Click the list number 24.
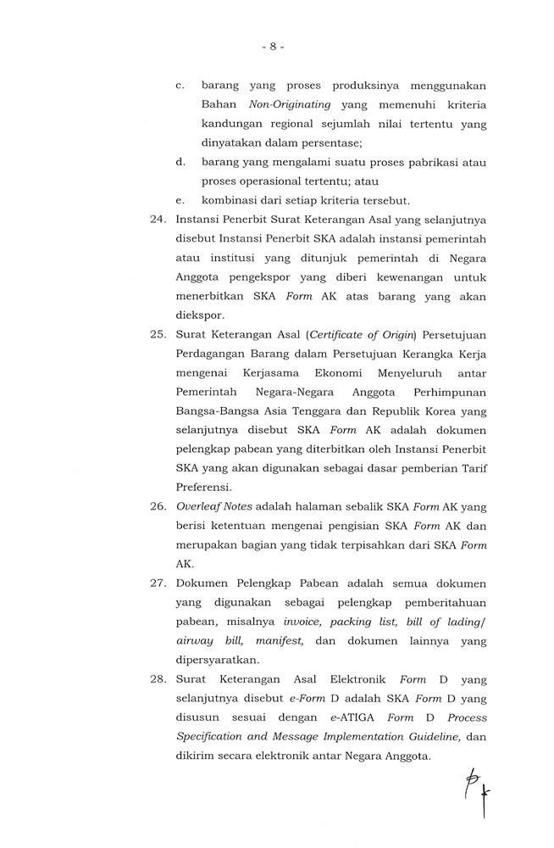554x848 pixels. [157, 220]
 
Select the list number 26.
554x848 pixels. [157, 507]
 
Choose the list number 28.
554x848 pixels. [157, 679]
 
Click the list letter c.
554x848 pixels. [180, 86]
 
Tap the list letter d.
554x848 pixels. [180, 162]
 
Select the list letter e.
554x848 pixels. [180, 201]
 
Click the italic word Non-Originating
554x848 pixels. [289, 104]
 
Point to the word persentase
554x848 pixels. [332, 142]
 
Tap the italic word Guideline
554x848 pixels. [423, 738]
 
